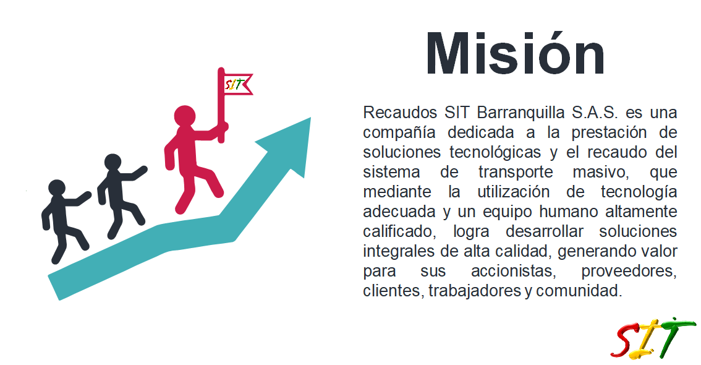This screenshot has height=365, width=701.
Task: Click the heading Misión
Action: (515, 54)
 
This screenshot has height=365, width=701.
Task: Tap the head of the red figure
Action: (185, 116)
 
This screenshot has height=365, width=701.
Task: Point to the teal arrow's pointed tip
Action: (310, 118)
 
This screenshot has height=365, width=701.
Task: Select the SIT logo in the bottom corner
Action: (653, 338)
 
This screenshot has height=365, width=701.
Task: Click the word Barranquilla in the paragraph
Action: (521, 112)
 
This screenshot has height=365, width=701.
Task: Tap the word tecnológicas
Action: (495, 152)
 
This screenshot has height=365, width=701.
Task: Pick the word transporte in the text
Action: (516, 172)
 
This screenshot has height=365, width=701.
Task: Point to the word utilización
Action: (514, 192)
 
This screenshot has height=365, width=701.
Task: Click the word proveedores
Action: (629, 271)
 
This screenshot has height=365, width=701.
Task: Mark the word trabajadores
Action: (475, 291)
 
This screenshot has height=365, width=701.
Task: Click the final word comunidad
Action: (579, 291)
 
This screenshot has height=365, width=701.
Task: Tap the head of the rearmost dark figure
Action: (57, 188)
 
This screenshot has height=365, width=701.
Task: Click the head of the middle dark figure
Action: (113, 162)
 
